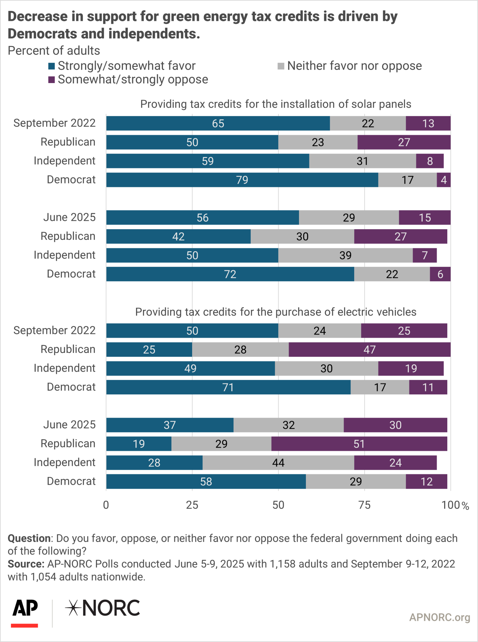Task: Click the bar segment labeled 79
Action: (x=242, y=180)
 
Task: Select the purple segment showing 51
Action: (x=359, y=444)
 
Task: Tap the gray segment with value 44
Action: (x=278, y=463)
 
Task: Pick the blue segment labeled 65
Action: (x=218, y=123)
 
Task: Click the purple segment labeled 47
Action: (x=369, y=350)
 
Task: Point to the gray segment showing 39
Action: (x=345, y=255)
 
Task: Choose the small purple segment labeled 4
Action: (x=444, y=180)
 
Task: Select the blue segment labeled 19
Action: (x=139, y=444)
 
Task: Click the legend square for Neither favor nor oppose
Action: (x=281, y=66)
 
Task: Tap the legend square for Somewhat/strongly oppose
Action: (x=51, y=80)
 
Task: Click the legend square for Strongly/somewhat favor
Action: (x=51, y=66)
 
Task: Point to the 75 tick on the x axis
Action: (x=364, y=505)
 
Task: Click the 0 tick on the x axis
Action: (x=106, y=505)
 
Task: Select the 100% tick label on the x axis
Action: (x=455, y=505)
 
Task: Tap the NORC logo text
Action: (x=103, y=608)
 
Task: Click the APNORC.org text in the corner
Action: (x=439, y=617)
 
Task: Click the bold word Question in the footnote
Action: (x=29, y=538)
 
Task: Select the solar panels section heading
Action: (x=276, y=104)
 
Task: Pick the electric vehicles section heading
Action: (x=276, y=312)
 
